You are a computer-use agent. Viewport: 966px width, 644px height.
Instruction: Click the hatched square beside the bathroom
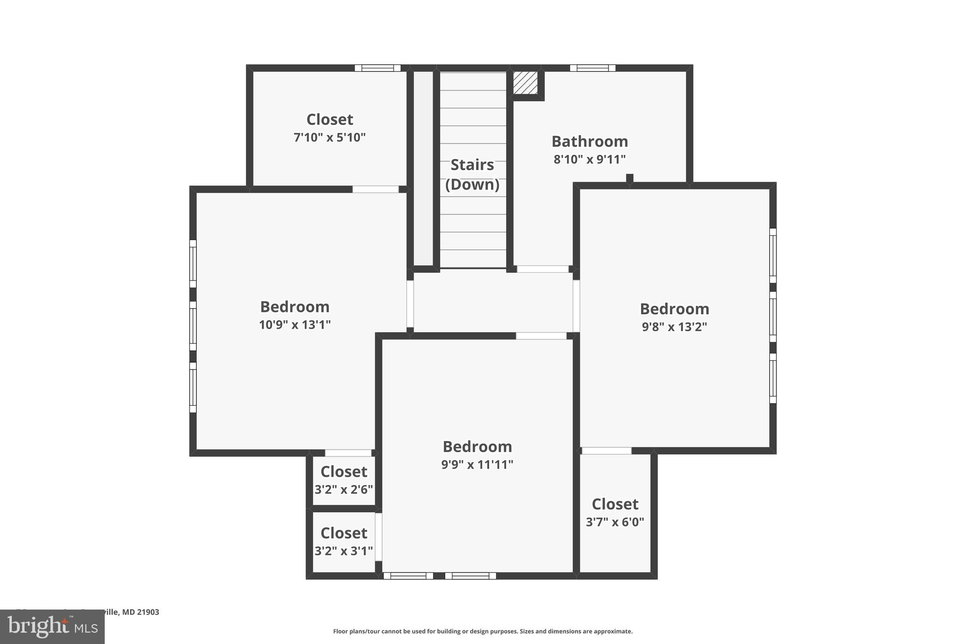coord(525,83)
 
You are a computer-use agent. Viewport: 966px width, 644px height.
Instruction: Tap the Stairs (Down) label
coord(472,174)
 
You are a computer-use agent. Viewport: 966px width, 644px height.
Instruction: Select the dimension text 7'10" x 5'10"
coord(329,137)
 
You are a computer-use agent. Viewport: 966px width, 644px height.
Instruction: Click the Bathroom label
coord(589,141)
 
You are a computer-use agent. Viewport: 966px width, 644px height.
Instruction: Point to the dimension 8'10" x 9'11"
coord(589,159)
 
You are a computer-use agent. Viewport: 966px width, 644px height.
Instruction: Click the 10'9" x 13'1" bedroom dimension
coord(294,325)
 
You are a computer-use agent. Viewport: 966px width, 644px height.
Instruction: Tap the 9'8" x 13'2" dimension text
coord(674,326)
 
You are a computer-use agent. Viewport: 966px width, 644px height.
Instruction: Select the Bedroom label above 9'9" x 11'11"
coord(477,446)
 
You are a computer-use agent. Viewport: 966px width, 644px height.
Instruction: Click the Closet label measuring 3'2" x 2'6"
coord(343,471)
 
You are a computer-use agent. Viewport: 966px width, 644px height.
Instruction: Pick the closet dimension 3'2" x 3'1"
coord(343,551)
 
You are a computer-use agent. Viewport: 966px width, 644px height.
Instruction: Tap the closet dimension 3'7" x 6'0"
coord(615,522)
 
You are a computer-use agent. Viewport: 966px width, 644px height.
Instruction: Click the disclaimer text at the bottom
coord(483,631)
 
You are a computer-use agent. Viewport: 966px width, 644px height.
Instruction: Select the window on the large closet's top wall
coord(377,68)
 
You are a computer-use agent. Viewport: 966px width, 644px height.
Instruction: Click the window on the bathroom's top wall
coord(592,68)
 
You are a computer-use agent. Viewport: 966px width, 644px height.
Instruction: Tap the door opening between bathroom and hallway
coord(542,269)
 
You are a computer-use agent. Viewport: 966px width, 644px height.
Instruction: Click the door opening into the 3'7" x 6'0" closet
coord(606,451)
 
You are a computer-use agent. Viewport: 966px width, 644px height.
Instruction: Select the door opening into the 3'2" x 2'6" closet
coord(348,453)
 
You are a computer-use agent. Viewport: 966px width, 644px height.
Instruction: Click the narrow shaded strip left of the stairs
coord(423,168)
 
